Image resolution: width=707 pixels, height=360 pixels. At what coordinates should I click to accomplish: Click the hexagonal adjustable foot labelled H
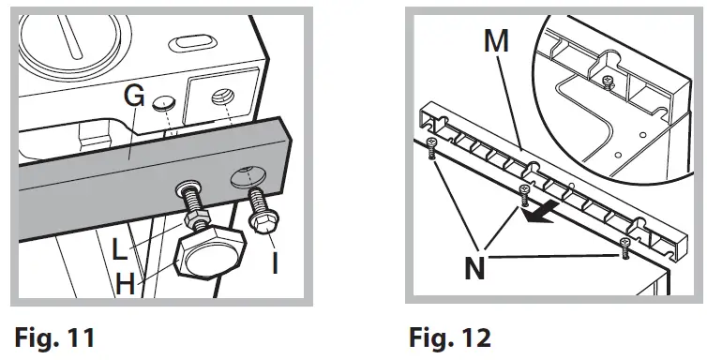tap(210, 250)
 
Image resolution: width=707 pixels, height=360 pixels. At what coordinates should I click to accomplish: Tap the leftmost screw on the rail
tap(431, 146)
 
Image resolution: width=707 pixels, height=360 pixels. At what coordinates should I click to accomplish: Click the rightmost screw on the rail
tap(624, 246)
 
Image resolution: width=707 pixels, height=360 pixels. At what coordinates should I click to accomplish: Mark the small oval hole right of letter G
tap(165, 100)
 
